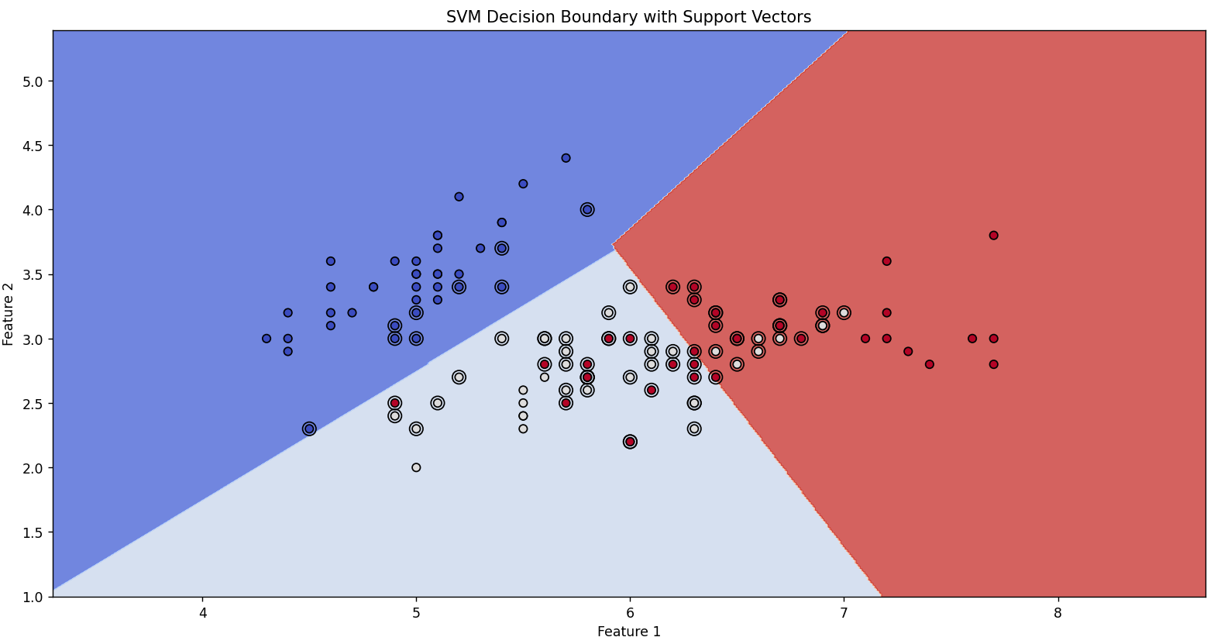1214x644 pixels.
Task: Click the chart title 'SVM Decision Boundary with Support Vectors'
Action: tap(628, 17)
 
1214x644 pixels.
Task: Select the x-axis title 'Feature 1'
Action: tap(628, 632)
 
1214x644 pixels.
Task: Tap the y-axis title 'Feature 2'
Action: tap(9, 314)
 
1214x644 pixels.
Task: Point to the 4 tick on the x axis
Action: tap(203, 611)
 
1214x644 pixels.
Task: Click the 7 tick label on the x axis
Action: tap(844, 611)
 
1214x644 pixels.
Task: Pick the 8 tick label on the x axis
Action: tap(1058, 611)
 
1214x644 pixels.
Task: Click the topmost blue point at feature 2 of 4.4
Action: tap(566, 158)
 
